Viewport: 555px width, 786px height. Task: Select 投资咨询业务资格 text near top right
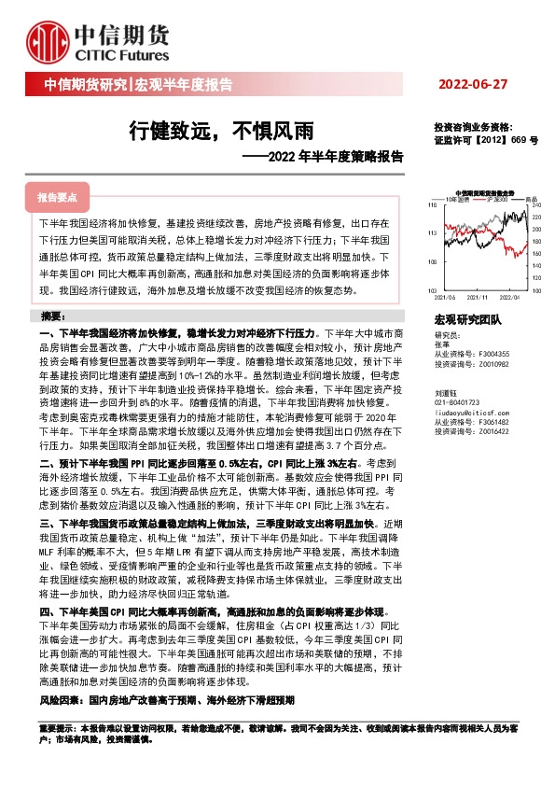point(473,127)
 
